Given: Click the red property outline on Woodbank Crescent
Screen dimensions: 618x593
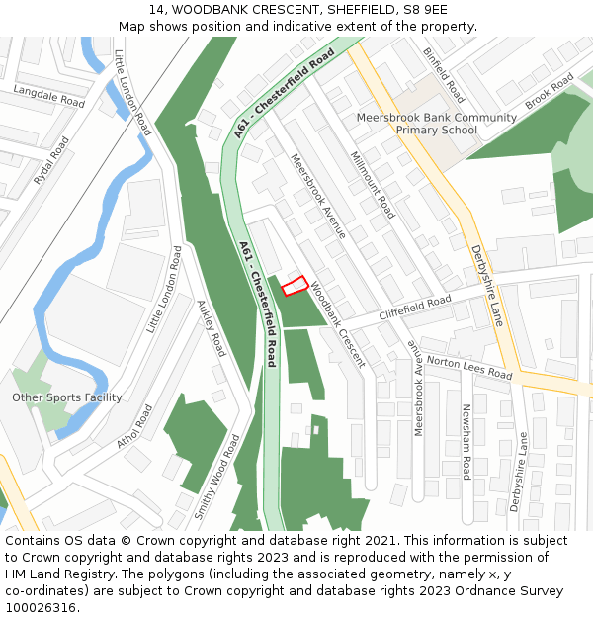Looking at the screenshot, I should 294,286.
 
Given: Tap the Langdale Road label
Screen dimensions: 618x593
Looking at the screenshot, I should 49,96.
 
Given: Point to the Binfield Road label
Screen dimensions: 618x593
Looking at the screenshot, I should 444,75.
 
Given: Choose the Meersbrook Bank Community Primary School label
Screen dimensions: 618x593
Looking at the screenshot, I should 436,124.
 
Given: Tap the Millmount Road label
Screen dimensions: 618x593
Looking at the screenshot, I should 373,185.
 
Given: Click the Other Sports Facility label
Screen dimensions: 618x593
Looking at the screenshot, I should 67,397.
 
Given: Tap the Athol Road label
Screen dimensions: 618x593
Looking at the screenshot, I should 134,426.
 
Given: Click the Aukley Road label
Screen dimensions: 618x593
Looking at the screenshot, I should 212,328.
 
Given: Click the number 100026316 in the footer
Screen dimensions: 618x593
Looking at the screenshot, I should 41,607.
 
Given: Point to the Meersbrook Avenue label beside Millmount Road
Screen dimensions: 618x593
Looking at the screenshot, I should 317,196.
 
